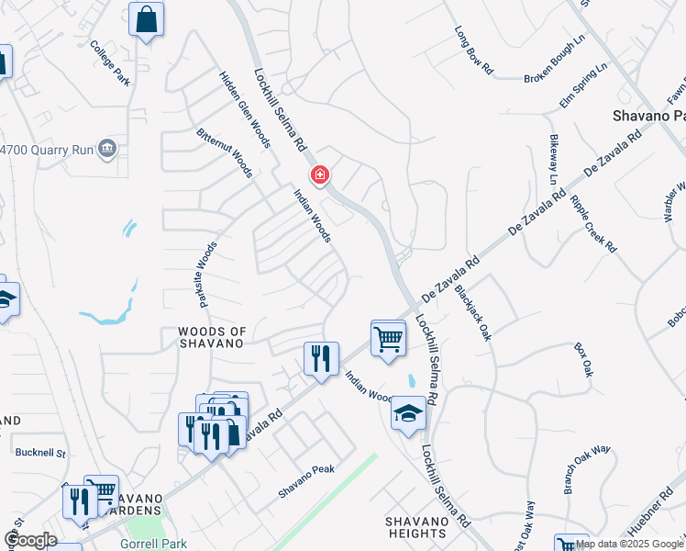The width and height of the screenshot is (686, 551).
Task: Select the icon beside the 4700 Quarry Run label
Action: click(x=107, y=147)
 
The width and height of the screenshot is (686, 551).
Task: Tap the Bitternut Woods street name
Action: click(x=225, y=153)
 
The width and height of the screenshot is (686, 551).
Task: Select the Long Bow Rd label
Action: click(x=473, y=50)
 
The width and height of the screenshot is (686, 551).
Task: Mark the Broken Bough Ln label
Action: click(x=554, y=61)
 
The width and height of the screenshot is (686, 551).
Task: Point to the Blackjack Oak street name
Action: click(x=474, y=313)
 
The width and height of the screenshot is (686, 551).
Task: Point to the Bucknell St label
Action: click(x=41, y=453)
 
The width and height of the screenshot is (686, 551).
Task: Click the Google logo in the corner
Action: click(x=30, y=540)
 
